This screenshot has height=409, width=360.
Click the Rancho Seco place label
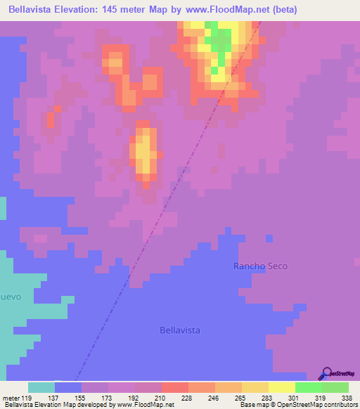pyautogui.click(x=261, y=266)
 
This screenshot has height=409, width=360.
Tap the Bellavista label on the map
pyautogui.click(x=181, y=330)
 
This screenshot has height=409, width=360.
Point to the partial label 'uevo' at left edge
pyautogui.click(x=11, y=297)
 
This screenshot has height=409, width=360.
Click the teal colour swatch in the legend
pyautogui.click(x=41, y=387)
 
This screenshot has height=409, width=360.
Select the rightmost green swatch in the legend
pyautogui.click(x=335, y=387)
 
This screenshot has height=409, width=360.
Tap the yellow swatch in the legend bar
pyautogui.click(x=281, y=387)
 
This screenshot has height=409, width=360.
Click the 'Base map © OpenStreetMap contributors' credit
pyautogui.click(x=297, y=405)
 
